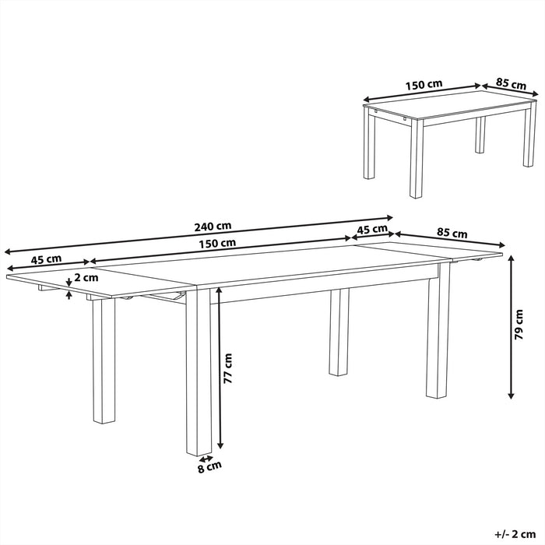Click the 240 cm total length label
pos(213,227)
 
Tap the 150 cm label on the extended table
pos(217,243)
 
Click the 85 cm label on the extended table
pos(452,232)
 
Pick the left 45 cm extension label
pos(47,259)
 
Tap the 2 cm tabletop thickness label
pos(86,277)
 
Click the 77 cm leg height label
pos(229,371)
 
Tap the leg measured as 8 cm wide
pos(199,374)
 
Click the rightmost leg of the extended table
pos(438,335)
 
